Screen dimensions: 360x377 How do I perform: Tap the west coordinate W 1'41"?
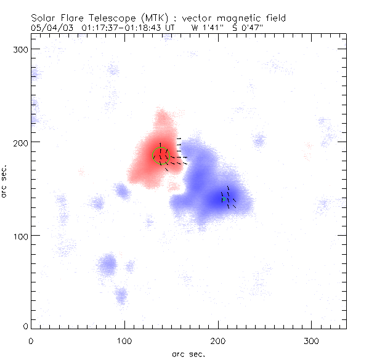click(x=205, y=28)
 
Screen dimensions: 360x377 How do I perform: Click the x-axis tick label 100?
click(x=125, y=340)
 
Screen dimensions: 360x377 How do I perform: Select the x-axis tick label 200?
click(x=219, y=340)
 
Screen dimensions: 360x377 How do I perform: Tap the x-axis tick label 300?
click(x=312, y=340)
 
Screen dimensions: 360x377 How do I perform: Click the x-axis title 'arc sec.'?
click(x=188, y=354)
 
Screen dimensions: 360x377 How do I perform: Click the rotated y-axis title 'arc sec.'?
click(x=5, y=181)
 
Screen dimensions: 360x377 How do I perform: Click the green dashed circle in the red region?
click(x=161, y=156)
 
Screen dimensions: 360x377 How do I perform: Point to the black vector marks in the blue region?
click(x=228, y=198)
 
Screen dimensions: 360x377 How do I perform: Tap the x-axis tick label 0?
click(x=31, y=340)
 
